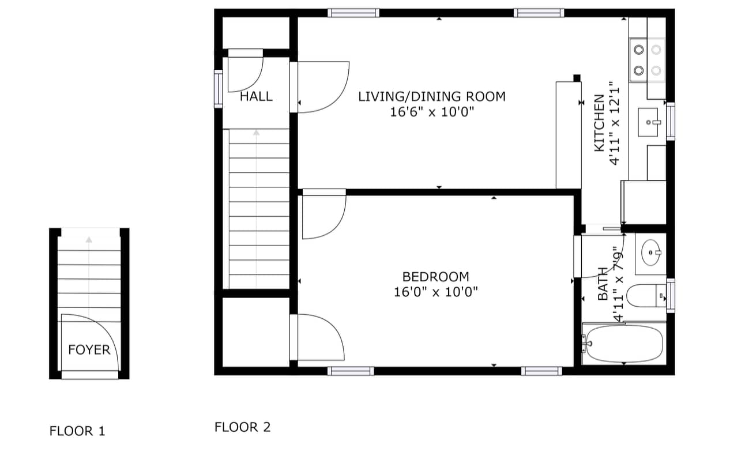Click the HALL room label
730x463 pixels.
click(x=256, y=96)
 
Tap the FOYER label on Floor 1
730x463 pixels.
click(x=89, y=350)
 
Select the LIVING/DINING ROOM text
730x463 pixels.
click(x=432, y=96)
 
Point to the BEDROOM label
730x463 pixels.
click(x=436, y=277)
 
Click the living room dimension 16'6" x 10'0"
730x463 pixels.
click(x=432, y=112)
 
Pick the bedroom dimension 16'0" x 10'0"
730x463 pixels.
click(x=436, y=292)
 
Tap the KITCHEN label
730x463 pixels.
click(x=599, y=123)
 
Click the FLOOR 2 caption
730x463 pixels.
click(x=242, y=427)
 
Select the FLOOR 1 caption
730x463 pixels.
click(x=77, y=431)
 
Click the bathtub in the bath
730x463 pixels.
click(x=624, y=344)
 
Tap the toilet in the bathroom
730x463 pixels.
click(x=646, y=296)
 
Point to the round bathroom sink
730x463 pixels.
click(x=651, y=253)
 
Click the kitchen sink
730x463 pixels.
click(x=648, y=122)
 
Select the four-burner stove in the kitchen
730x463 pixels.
click(x=647, y=60)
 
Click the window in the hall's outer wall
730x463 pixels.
click(x=219, y=89)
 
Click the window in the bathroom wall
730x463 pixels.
click(x=671, y=296)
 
